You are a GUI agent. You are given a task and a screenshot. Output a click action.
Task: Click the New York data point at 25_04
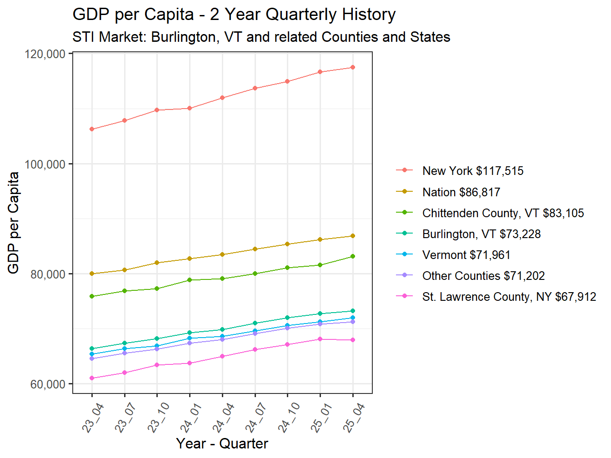[353, 67]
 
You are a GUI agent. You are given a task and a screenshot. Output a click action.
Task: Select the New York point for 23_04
[92, 129]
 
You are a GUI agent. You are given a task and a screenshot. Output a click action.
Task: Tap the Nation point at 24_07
[255, 249]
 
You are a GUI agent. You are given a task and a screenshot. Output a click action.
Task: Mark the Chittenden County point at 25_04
[353, 256]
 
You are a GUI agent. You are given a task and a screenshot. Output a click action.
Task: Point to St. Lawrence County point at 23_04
[92, 378]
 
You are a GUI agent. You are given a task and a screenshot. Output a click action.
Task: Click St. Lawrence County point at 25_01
[320, 339]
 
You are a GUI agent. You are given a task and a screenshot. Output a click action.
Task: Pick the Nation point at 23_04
[92, 274]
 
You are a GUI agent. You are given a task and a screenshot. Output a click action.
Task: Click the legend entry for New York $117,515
[472, 171]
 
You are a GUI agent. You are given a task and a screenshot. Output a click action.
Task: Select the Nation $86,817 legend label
[461, 192]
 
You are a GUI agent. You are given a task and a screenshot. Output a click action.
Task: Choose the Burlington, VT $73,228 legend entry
[481, 234]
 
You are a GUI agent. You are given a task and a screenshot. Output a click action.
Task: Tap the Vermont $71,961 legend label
[466, 255]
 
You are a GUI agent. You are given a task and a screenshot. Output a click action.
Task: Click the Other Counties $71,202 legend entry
[483, 276]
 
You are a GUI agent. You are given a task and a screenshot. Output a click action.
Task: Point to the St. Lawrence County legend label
[509, 297]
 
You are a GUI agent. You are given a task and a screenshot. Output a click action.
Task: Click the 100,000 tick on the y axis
[45, 164]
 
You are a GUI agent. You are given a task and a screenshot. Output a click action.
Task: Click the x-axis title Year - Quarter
[222, 443]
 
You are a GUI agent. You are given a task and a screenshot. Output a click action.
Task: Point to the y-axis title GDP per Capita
[14, 223]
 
